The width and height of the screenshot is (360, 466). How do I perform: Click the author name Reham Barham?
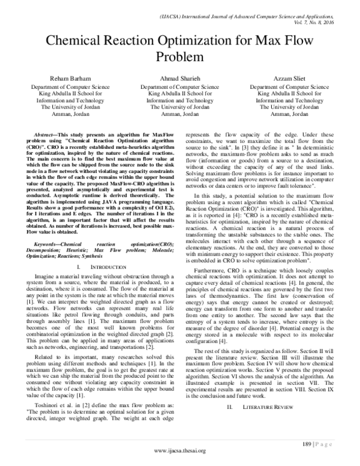pyautogui.click(x=65, y=79)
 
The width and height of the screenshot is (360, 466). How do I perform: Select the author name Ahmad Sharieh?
pyautogui.click(x=180, y=79)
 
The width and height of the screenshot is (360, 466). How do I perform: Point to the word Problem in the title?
pyautogui.click(x=179, y=58)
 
